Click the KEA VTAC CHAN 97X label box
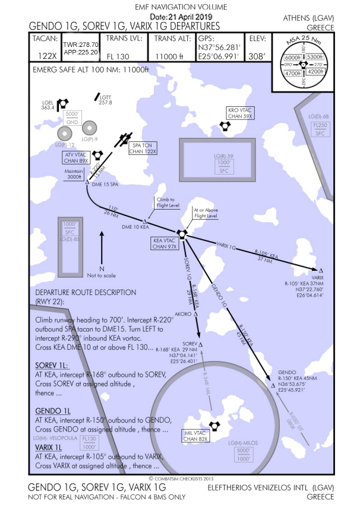click(x=164, y=243)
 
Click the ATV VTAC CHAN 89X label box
click(x=76, y=157)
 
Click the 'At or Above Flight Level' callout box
click(x=206, y=213)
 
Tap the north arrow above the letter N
click(x=102, y=245)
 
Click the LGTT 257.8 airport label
click(x=106, y=100)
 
